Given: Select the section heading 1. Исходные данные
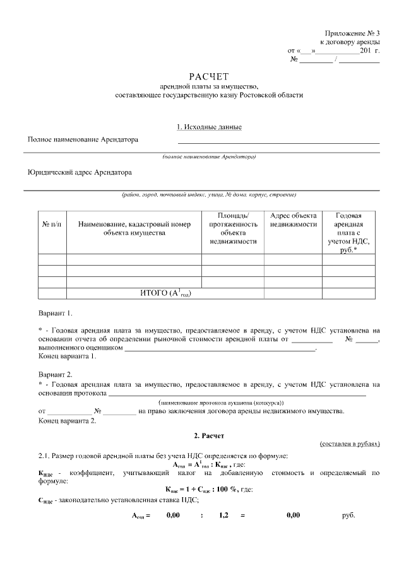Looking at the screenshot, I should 209,127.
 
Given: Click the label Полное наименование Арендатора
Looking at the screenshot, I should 83,139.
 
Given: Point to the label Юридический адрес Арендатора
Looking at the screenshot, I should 80,171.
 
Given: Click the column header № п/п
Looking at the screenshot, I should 52,225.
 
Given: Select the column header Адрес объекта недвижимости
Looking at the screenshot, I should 293,220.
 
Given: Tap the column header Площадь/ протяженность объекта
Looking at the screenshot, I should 232,228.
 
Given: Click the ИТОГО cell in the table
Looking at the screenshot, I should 165,293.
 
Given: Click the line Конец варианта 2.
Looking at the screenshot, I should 68,421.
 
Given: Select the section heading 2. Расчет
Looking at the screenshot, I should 208,436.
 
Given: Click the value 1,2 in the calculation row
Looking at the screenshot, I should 223,515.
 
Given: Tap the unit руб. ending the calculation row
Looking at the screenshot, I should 348,515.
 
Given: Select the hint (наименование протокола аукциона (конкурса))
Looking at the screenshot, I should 221,403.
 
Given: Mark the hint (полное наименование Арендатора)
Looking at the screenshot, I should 209,155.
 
